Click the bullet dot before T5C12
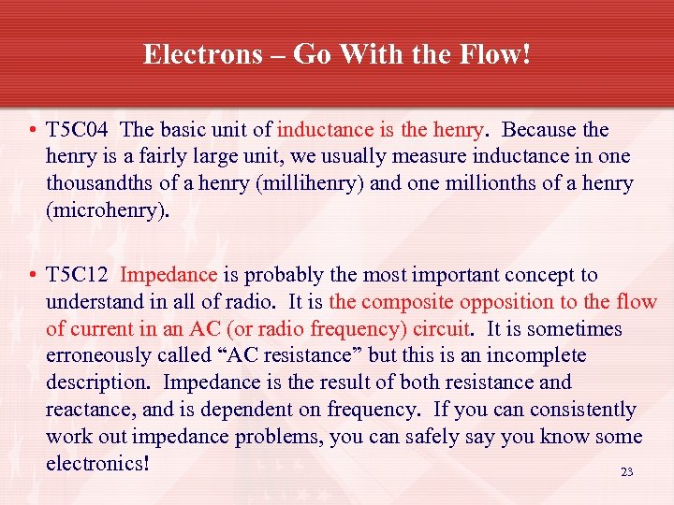(x=33, y=276)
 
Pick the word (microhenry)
(x=109, y=210)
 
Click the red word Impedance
(x=168, y=275)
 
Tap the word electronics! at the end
(x=98, y=464)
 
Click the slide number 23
(x=627, y=472)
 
